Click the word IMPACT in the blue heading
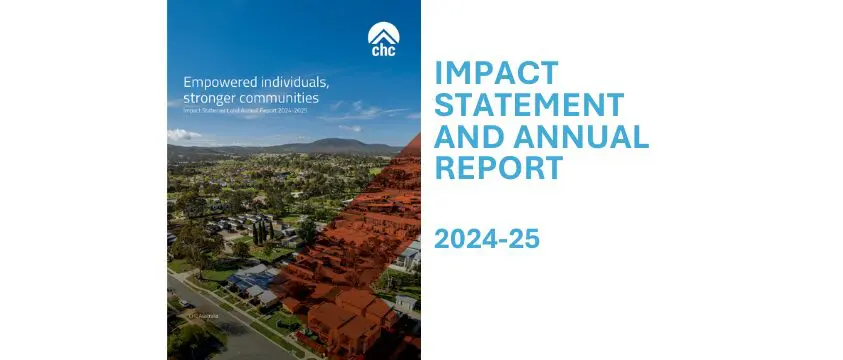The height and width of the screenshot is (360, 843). (x=497, y=74)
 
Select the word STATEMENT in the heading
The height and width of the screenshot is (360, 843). (x=529, y=104)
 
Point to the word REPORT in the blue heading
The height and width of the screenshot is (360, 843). (x=497, y=167)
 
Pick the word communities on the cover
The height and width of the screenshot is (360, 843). (x=283, y=99)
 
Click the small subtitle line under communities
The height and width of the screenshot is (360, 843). (x=239, y=113)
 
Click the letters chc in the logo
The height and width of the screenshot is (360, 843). (x=381, y=48)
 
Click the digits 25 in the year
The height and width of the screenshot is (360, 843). (x=524, y=239)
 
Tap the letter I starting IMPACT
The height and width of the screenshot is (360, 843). (x=440, y=74)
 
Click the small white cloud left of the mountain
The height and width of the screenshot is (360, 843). (x=184, y=134)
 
